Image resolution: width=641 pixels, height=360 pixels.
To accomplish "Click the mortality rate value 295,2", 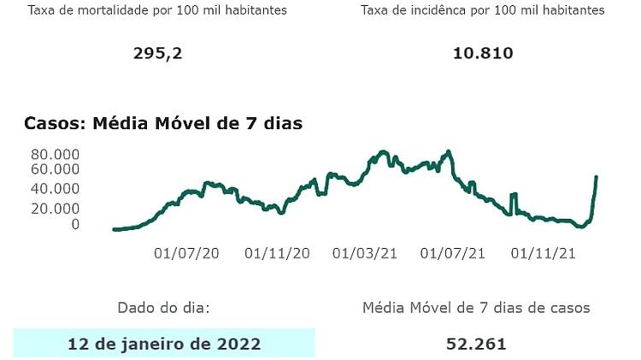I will coord(158,53).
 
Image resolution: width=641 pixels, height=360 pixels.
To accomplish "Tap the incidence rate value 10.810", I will coord(483,53).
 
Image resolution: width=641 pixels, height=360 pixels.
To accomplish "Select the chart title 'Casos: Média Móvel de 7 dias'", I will coord(163,123).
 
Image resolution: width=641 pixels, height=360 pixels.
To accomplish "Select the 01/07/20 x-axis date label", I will coord(186,253).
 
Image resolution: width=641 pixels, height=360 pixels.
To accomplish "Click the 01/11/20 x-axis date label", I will coord(277,253).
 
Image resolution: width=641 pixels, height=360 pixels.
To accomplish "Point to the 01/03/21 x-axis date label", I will coord(366,253).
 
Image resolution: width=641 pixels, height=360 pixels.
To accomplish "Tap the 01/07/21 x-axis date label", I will coord(454,253).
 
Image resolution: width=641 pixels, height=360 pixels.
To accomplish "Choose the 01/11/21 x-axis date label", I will coord(544,253).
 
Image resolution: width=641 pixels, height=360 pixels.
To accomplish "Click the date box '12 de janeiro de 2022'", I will coord(164,344).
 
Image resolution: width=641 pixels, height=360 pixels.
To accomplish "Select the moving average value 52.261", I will coord(476,344).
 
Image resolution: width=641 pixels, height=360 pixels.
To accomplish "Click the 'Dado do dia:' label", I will coord(162,307).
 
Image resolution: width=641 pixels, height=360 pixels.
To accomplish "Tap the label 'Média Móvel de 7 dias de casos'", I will coord(476,307).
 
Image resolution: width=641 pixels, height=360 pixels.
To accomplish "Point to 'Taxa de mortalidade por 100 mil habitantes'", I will coord(158,10).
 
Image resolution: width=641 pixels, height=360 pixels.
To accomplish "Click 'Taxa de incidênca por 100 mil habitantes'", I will coord(483,10).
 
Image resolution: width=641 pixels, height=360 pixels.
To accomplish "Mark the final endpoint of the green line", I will coord(596,177).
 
